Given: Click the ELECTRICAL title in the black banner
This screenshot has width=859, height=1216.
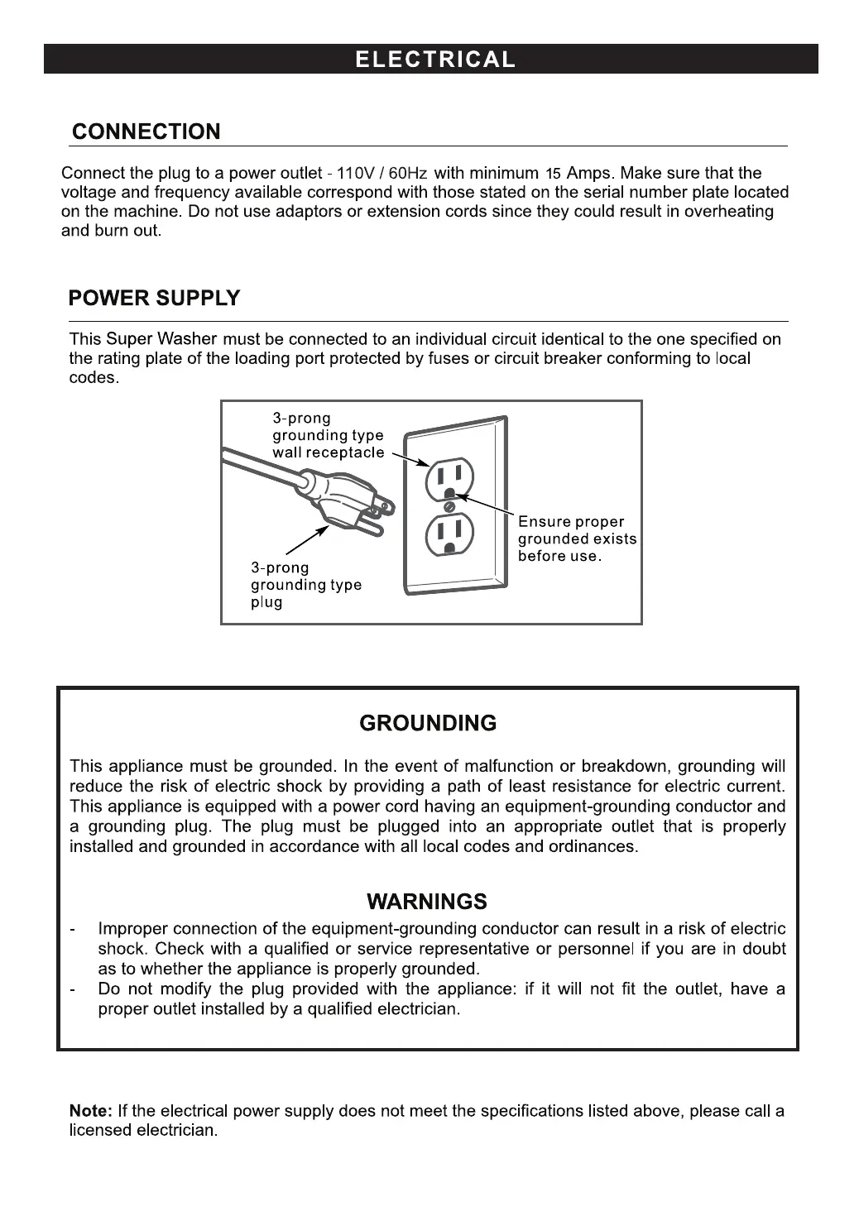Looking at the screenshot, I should click(x=434, y=60).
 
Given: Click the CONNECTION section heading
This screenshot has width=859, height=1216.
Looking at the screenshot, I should click(x=146, y=132).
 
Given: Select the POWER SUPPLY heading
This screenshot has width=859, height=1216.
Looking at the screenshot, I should click(x=154, y=299).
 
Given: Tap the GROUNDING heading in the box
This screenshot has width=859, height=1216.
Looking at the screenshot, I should click(x=428, y=724).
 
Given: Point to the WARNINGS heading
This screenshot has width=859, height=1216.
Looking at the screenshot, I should click(x=427, y=902).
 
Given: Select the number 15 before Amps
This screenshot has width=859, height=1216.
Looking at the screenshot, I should click(x=553, y=175).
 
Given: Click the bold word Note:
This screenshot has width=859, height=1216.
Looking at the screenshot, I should click(x=91, y=1111).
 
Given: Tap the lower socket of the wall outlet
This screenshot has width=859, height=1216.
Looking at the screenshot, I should click(x=449, y=534).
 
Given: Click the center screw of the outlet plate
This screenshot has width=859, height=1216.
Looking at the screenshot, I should click(x=449, y=506).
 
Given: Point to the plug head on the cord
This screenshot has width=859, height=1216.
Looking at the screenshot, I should click(x=335, y=499).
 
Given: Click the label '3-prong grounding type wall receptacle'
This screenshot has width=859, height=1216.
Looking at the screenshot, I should click(x=328, y=436).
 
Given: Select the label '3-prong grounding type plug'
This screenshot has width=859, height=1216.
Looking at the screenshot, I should click(x=305, y=586).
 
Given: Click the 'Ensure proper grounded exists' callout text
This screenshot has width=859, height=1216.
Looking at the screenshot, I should click(x=577, y=539).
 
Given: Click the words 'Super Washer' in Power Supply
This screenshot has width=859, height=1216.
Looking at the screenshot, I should click(x=161, y=339).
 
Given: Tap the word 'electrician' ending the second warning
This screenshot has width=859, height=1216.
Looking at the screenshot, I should click(x=419, y=1009).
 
